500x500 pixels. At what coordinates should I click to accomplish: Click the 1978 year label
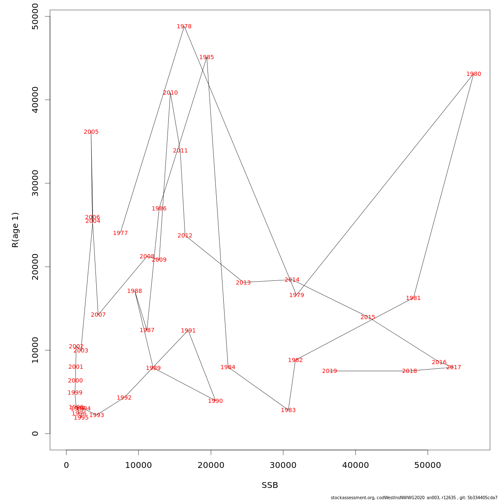coord(184,27)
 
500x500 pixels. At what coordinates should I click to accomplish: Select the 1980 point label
coord(474,74)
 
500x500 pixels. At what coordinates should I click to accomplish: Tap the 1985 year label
coord(207,57)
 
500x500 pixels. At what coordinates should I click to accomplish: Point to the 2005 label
coord(91,132)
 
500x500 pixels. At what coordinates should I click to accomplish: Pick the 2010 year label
coord(170,93)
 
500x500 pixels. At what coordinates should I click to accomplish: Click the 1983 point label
coord(288,410)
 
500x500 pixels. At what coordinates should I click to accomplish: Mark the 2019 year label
coord(330,371)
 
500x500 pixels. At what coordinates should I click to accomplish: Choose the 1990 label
coord(215,401)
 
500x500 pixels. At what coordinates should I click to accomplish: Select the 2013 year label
coord(243,283)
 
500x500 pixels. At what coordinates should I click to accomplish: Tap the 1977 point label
coord(120,233)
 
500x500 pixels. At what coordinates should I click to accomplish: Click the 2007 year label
coord(98,315)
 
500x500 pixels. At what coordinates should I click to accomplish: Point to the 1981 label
coord(413,298)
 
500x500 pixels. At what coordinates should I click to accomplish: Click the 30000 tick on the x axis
coord(283,465)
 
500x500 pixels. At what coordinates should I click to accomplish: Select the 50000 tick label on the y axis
coord(35,17)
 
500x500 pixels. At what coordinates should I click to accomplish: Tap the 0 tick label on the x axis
coord(66,465)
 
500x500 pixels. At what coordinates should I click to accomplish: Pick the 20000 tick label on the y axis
coord(35,267)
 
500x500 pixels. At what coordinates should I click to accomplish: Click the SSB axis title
coord(270,485)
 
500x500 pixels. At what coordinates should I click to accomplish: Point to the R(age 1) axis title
coord(15,230)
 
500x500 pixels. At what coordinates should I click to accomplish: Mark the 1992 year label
coord(124,398)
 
